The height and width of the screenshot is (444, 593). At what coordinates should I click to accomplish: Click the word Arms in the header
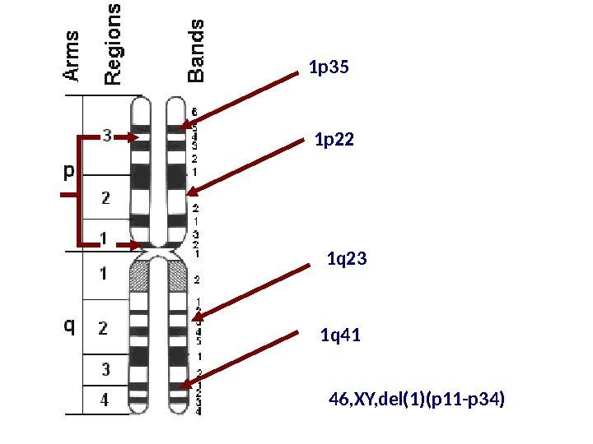pyautogui.click(x=72, y=57)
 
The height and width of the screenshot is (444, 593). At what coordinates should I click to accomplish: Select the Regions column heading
pyautogui.click(x=114, y=44)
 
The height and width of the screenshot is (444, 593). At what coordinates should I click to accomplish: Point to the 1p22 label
pyautogui.click(x=335, y=141)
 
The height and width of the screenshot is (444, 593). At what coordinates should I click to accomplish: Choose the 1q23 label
pyautogui.click(x=347, y=261)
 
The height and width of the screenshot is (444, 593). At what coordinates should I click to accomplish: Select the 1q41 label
pyautogui.click(x=340, y=335)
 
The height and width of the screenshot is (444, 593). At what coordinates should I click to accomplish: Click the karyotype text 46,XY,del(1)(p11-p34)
pyautogui.click(x=416, y=400)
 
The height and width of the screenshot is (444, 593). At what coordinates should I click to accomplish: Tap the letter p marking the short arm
pyautogui.click(x=69, y=172)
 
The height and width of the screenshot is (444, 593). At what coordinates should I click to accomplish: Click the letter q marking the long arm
pyautogui.click(x=70, y=326)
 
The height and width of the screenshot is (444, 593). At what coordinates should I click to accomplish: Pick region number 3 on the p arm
pyautogui.click(x=108, y=136)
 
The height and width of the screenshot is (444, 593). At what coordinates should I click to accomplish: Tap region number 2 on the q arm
pyautogui.click(x=104, y=327)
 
